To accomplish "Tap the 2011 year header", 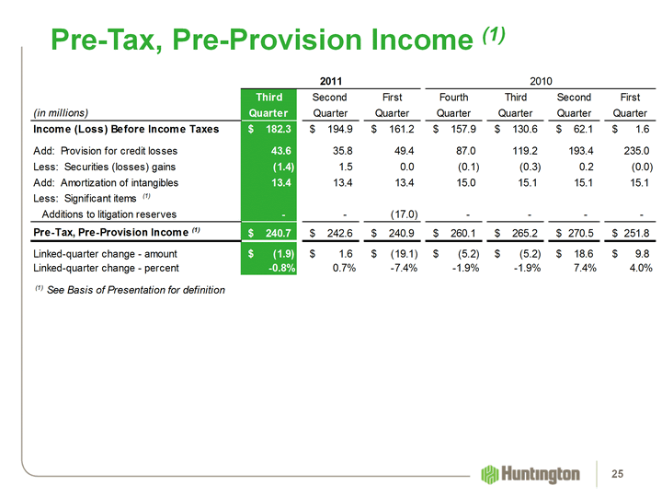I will [x=331, y=81].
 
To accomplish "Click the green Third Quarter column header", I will [x=268, y=104].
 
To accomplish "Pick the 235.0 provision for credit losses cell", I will [x=635, y=150].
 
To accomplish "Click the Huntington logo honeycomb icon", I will [x=490, y=473].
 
